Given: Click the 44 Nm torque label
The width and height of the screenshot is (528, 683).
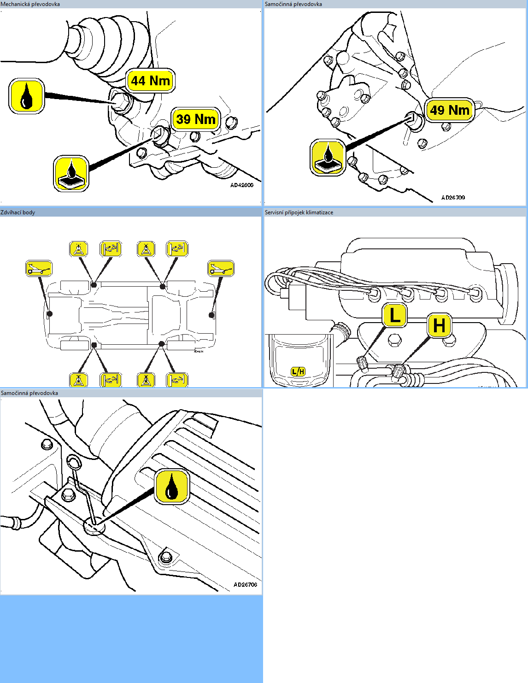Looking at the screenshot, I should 150,81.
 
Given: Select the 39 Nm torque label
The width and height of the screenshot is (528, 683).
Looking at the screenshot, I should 196,119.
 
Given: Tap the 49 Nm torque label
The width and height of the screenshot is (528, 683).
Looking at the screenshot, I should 449,110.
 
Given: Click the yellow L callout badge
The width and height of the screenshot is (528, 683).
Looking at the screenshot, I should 394,316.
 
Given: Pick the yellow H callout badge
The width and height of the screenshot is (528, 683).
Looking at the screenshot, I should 439,325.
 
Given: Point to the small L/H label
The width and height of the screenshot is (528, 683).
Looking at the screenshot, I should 298,371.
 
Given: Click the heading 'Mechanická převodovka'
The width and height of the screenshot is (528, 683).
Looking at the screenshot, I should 30,4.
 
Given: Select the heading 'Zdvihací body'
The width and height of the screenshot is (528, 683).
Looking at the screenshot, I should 18,212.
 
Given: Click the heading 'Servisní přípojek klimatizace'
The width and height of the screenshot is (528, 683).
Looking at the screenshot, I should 299,212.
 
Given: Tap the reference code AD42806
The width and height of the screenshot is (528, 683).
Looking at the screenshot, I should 242,185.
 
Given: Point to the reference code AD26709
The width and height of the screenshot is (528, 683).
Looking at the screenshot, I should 453,198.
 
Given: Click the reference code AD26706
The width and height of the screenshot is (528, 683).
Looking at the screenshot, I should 245,584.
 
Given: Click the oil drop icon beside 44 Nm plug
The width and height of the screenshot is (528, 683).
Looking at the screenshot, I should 27,96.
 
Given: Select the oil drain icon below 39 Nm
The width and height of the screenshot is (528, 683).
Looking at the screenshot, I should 71,173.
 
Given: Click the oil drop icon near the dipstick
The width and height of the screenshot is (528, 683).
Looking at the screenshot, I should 172,487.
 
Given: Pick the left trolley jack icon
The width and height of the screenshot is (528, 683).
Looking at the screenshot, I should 39,268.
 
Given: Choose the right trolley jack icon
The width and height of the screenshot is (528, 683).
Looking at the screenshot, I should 221,268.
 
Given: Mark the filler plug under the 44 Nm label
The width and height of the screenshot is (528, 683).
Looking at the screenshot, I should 121,102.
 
